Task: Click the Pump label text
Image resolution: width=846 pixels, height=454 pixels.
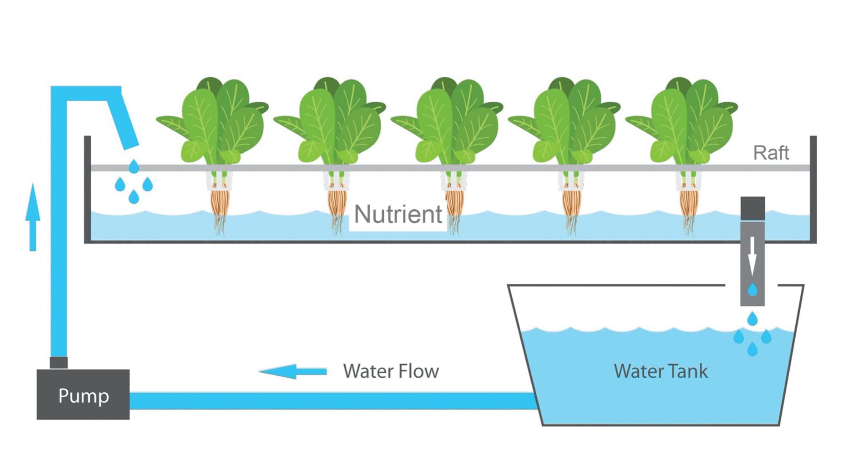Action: click(x=83, y=396)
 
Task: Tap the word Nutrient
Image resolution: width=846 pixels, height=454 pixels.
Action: click(x=398, y=214)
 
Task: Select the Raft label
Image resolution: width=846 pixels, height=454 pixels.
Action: click(x=771, y=153)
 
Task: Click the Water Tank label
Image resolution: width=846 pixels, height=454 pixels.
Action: click(x=660, y=371)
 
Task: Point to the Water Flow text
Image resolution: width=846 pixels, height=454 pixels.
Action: click(x=391, y=371)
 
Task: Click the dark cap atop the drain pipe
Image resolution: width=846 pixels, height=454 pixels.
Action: click(x=753, y=208)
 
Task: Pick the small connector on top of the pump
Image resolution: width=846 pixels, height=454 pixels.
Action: click(x=58, y=363)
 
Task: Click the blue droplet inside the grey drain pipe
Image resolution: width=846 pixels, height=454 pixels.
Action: click(x=752, y=290)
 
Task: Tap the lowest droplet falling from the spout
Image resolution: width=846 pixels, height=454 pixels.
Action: click(x=134, y=197)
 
